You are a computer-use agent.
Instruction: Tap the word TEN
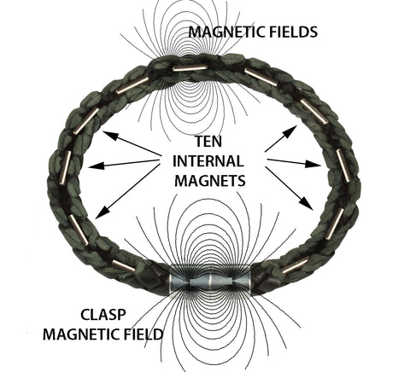click(x=208, y=142)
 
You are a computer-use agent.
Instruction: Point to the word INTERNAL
click(x=208, y=161)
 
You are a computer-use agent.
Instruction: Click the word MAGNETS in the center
click(x=210, y=180)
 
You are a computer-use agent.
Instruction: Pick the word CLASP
click(x=103, y=315)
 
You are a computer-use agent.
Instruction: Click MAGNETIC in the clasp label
click(x=80, y=334)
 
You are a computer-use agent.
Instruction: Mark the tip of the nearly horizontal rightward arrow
click(x=321, y=166)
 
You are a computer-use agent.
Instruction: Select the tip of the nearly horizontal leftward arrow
click(x=89, y=166)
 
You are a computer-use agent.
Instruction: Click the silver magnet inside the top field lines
click(x=190, y=68)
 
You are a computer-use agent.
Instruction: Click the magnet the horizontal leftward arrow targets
click(x=65, y=168)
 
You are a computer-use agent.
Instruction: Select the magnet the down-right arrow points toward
click(x=335, y=224)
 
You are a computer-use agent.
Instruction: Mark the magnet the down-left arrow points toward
click(x=79, y=230)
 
